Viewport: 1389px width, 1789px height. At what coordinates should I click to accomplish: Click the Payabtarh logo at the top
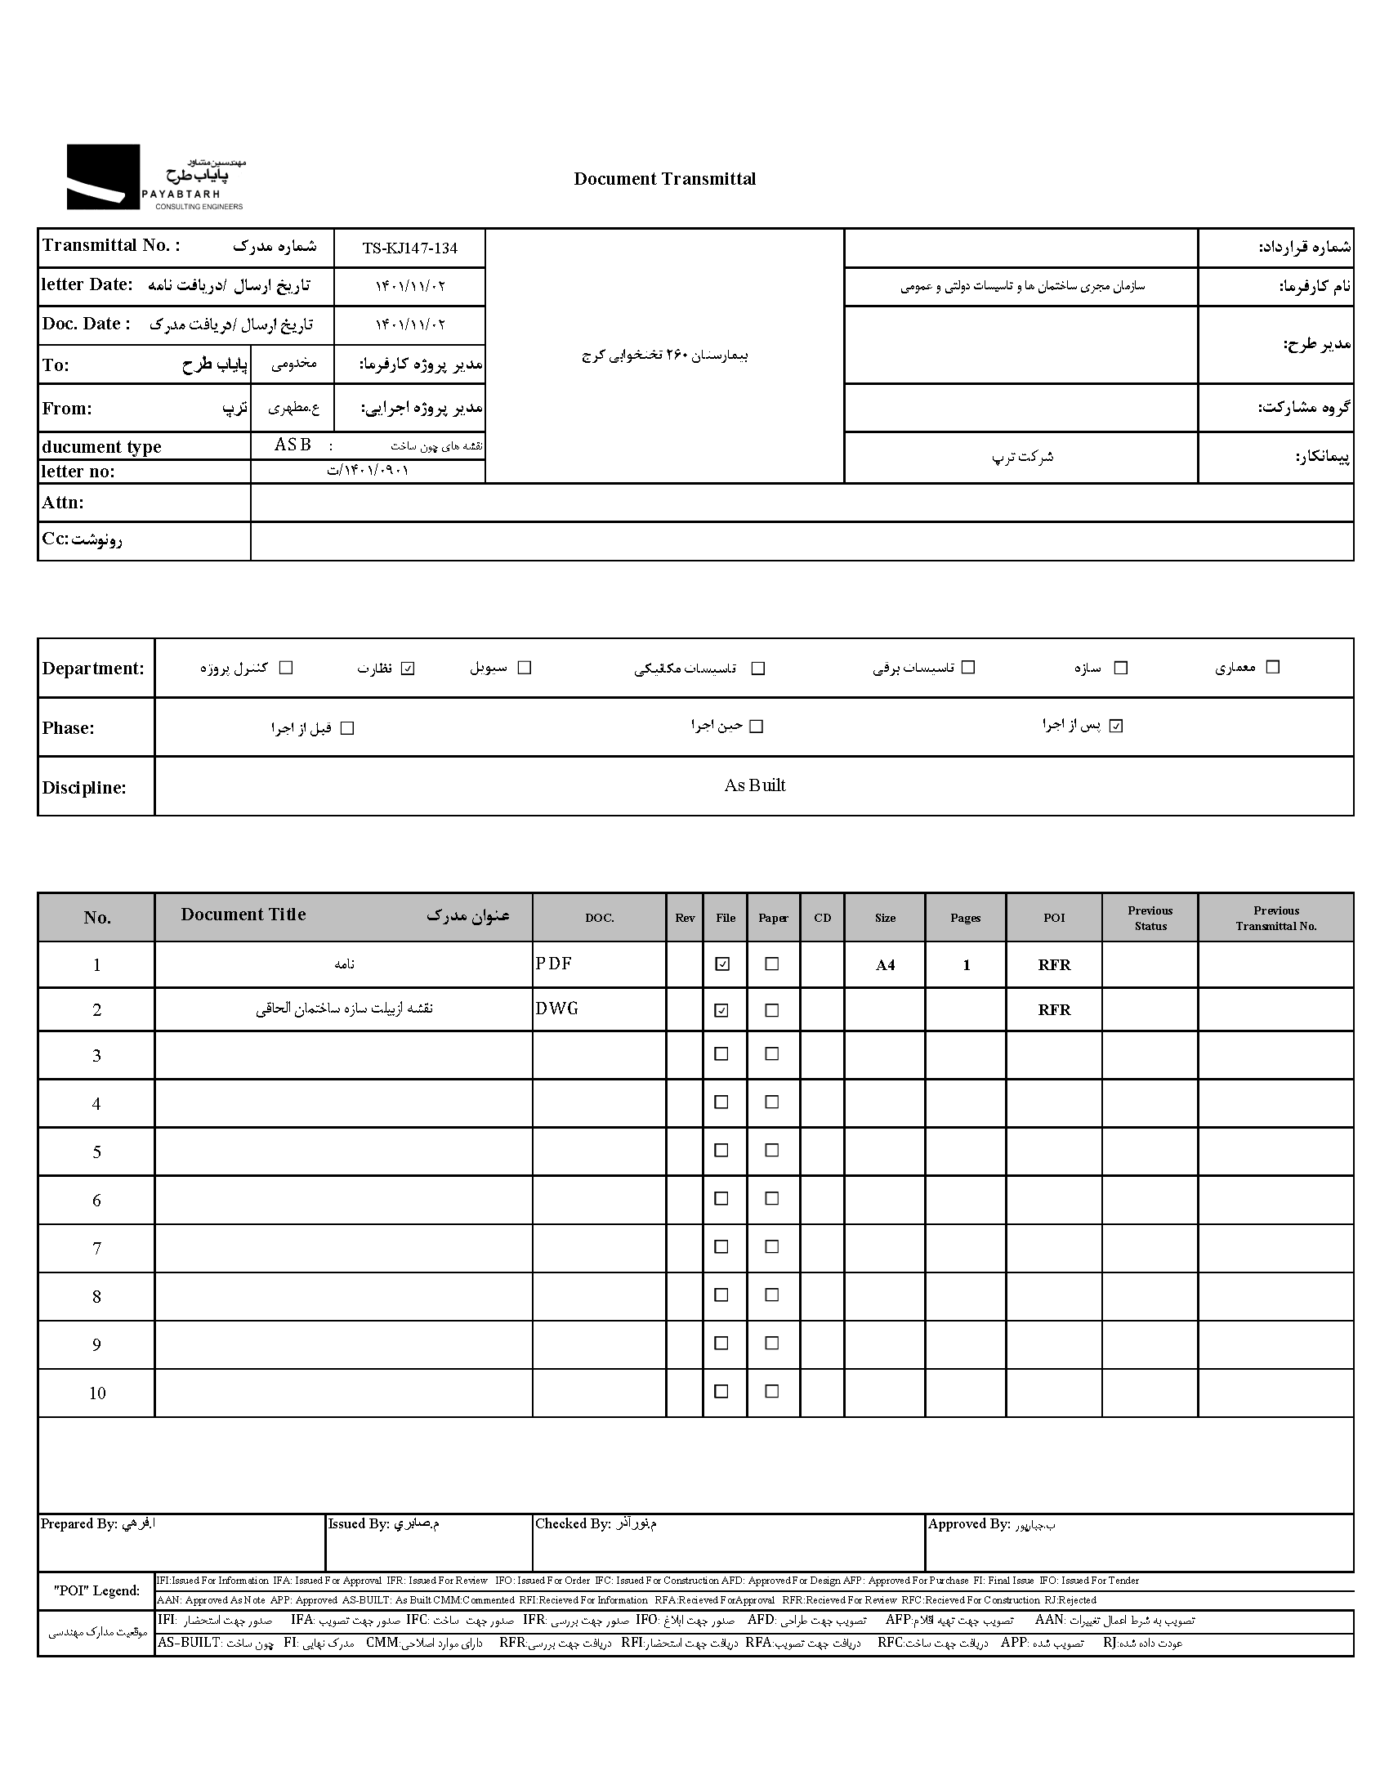point(155,177)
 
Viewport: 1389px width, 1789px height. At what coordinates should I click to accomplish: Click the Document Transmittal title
point(664,178)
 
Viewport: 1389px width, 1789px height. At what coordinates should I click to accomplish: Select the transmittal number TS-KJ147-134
point(409,248)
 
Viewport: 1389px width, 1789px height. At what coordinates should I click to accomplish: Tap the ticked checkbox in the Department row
point(408,669)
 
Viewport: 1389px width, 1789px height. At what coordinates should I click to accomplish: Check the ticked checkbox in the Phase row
point(1116,726)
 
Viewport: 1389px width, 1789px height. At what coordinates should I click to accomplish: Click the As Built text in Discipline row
point(754,785)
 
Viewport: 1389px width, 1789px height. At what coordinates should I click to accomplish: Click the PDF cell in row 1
point(554,964)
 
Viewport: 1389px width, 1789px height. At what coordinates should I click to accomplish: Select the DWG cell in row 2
point(557,1009)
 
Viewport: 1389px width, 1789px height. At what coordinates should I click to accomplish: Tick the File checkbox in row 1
point(721,964)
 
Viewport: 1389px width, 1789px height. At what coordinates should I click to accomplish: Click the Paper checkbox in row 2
point(771,1010)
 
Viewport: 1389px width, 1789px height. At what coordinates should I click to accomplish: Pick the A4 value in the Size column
point(885,965)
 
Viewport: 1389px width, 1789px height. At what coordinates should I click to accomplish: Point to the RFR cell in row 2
point(1054,1010)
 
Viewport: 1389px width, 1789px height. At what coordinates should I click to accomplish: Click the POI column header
point(1054,918)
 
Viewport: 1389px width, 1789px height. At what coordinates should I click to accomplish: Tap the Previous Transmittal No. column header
point(1275,919)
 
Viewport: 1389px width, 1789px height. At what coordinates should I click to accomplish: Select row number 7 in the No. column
point(96,1248)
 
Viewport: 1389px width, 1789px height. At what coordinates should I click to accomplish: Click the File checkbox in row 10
point(721,1392)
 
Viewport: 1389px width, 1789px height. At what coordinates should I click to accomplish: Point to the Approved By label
point(968,1524)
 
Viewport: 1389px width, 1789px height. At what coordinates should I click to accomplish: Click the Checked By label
point(573,1524)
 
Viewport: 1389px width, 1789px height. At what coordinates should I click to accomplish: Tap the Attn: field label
point(63,503)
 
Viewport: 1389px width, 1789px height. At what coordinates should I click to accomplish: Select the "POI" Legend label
point(96,1590)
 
